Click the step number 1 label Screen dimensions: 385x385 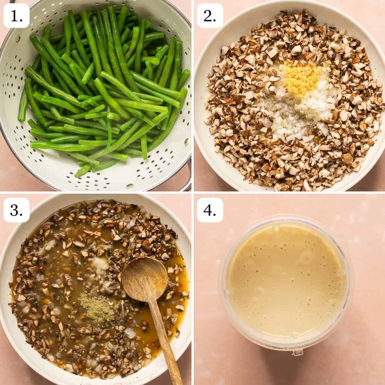(x=16, y=16)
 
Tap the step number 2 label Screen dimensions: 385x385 (x=210, y=16)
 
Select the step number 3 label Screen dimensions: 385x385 (x=16, y=210)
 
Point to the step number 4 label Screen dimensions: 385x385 (x=210, y=210)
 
